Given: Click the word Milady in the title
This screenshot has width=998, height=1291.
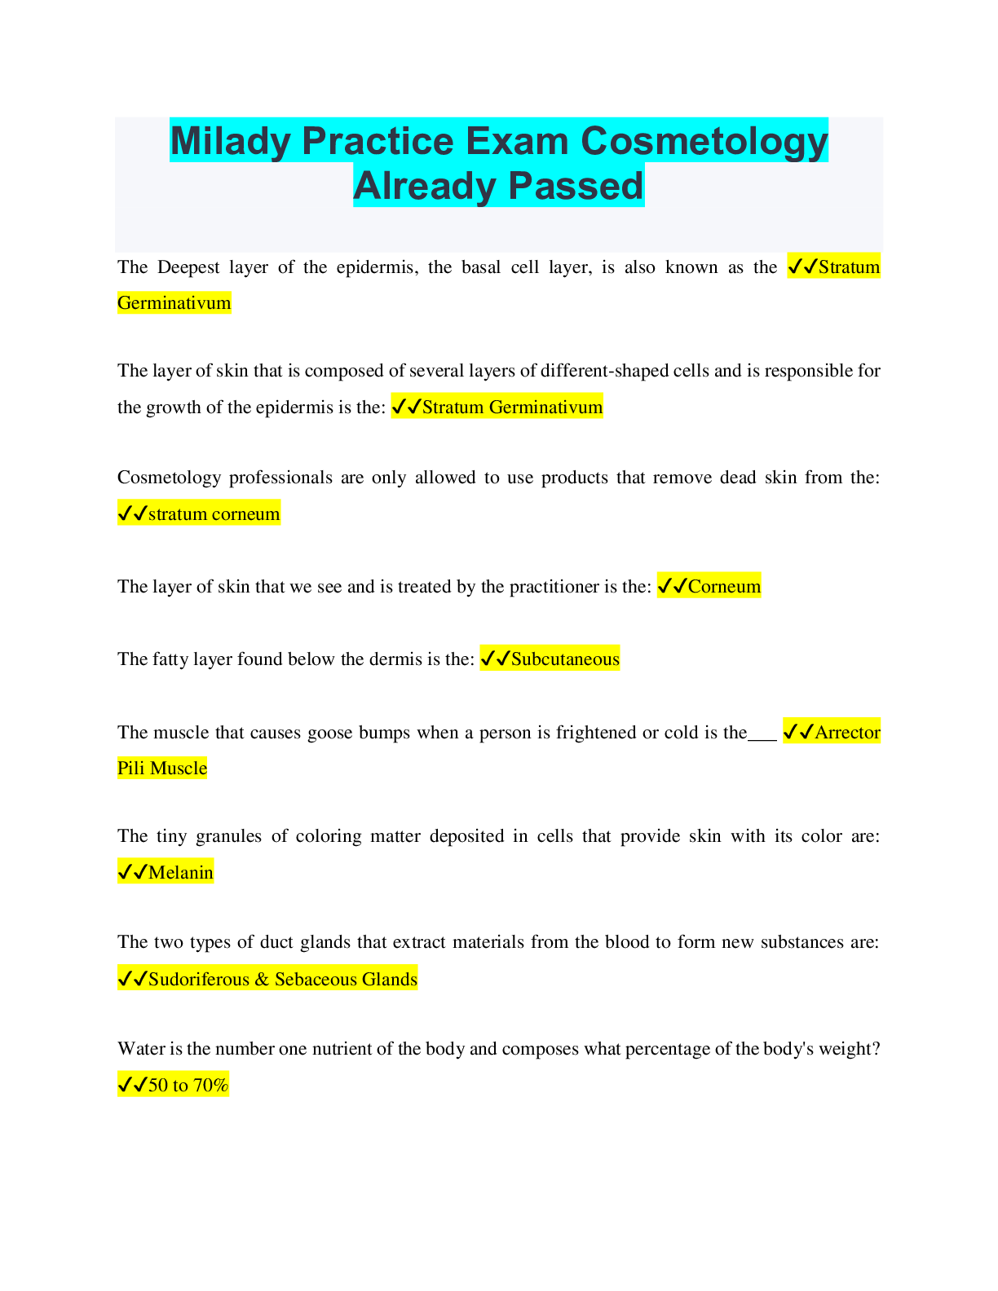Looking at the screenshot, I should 230,141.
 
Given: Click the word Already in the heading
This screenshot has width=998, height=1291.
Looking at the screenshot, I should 424,186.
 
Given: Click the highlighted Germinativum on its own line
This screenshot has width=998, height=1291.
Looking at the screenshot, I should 174,303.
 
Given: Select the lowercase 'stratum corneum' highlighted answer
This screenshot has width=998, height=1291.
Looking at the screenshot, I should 214,513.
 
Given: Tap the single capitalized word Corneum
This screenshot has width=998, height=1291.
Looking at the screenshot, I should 724,586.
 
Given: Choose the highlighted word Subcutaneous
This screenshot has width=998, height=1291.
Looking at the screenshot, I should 565,659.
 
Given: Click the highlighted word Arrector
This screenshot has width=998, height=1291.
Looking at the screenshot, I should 847,732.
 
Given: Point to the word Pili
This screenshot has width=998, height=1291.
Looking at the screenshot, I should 131,768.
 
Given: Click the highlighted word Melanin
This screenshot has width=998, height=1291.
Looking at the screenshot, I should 180,873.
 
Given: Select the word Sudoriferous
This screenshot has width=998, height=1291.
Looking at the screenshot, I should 198,979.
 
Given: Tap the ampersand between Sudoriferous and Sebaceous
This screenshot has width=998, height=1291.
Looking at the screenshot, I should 262,979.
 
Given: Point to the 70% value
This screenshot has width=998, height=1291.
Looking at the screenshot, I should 211,1085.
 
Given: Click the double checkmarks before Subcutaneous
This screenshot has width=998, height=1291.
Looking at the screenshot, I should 495,659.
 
